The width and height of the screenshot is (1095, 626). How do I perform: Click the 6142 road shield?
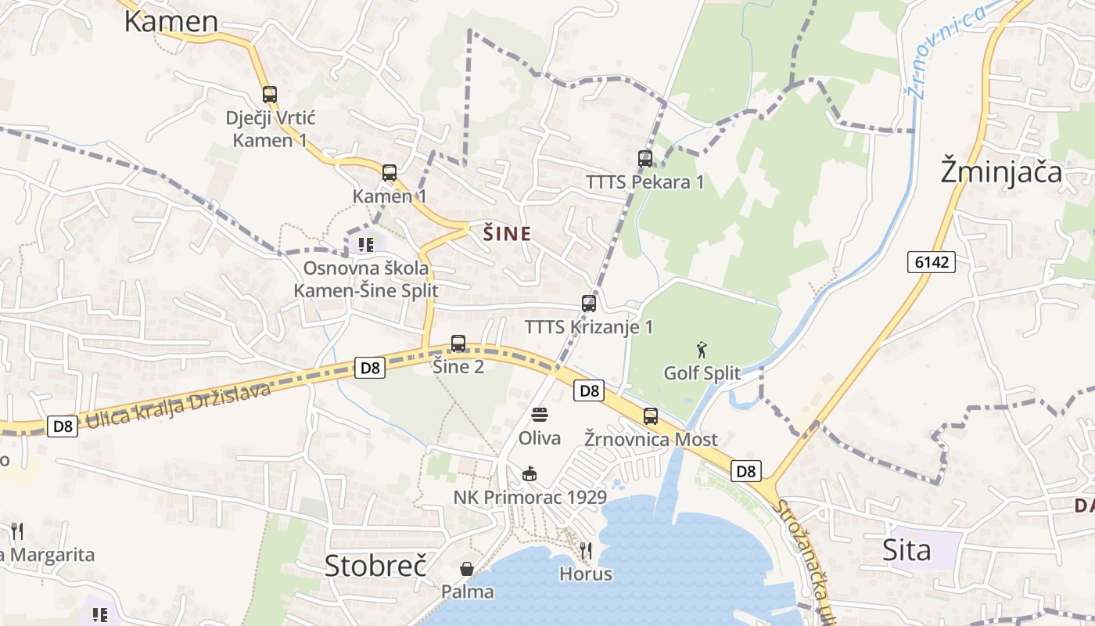click(932, 261)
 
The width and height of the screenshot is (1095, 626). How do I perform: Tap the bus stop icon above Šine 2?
click(458, 343)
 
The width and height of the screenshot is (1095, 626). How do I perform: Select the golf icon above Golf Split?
click(702, 349)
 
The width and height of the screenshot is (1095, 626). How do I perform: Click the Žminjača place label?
click(1001, 171)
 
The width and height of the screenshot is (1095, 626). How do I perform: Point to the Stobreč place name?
click(375, 565)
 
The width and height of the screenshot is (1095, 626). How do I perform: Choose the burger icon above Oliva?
click(539, 415)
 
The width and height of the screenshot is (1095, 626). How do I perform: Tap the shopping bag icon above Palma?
click(467, 568)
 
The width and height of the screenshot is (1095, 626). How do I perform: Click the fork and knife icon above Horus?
click(585, 551)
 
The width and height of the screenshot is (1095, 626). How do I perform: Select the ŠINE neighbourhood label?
click(507, 233)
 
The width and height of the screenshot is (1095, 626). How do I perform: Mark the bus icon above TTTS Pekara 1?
click(645, 158)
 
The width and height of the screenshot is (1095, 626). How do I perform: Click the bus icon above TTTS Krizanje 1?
click(589, 304)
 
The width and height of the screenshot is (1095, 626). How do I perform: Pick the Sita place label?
click(907, 550)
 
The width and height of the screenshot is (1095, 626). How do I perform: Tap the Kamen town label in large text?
click(171, 21)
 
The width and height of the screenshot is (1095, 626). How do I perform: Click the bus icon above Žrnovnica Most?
click(651, 416)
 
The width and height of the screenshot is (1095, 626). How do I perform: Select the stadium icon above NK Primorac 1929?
click(530, 473)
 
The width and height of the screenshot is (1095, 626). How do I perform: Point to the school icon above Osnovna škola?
click(365, 245)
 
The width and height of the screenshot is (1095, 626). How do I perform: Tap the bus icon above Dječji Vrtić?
click(270, 95)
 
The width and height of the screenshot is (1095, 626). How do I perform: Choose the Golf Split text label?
click(702, 373)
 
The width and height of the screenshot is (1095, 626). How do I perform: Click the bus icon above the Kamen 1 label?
click(390, 173)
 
